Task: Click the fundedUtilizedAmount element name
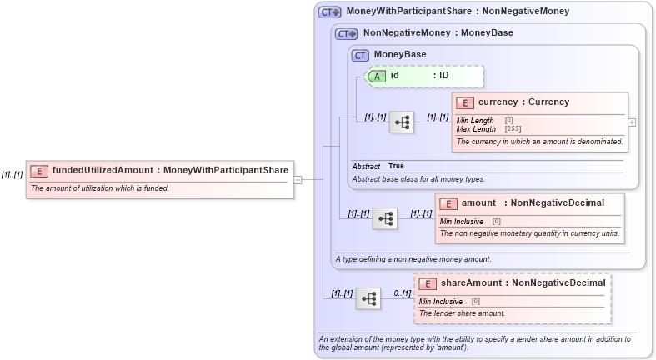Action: (x=103, y=170)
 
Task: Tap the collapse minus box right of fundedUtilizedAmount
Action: (x=298, y=178)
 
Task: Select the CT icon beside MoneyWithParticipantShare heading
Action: (x=330, y=12)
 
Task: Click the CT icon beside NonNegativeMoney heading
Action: (x=346, y=33)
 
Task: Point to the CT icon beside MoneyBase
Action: (x=361, y=55)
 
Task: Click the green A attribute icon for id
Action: (x=378, y=76)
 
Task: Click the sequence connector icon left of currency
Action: (x=403, y=122)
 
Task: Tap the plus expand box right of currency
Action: (x=632, y=122)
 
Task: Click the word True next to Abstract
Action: (x=396, y=166)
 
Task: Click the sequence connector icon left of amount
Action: (x=385, y=219)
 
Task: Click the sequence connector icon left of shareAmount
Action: (x=368, y=298)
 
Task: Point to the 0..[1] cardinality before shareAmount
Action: (x=402, y=293)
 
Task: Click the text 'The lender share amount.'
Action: (x=462, y=313)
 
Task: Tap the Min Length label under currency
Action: (x=475, y=121)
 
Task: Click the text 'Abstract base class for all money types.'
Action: (x=418, y=179)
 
